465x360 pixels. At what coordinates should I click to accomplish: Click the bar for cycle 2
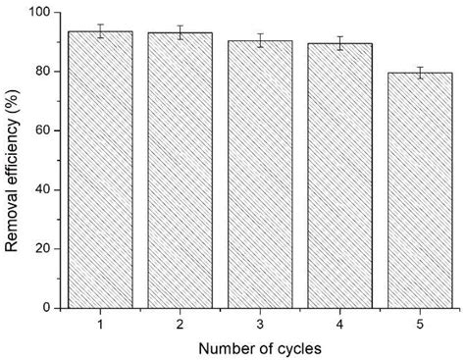click(180, 171)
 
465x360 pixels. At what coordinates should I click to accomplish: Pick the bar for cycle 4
click(338, 176)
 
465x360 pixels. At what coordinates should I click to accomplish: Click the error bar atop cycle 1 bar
click(100, 30)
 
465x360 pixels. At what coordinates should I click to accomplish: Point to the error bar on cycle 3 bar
click(259, 40)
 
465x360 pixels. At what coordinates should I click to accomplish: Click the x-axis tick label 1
click(100, 324)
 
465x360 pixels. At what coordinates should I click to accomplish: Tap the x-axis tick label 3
click(259, 324)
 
